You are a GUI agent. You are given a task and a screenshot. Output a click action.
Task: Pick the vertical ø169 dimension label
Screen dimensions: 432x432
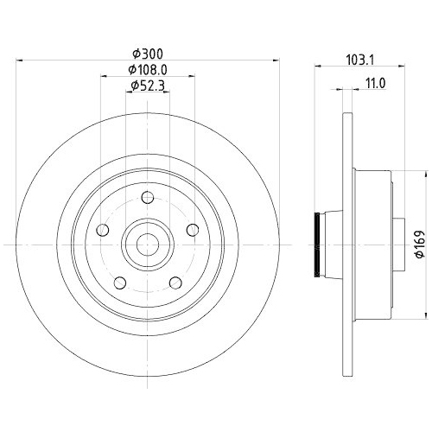click(417, 244)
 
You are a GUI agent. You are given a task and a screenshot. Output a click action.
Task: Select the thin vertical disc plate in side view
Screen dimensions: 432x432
click(347, 245)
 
